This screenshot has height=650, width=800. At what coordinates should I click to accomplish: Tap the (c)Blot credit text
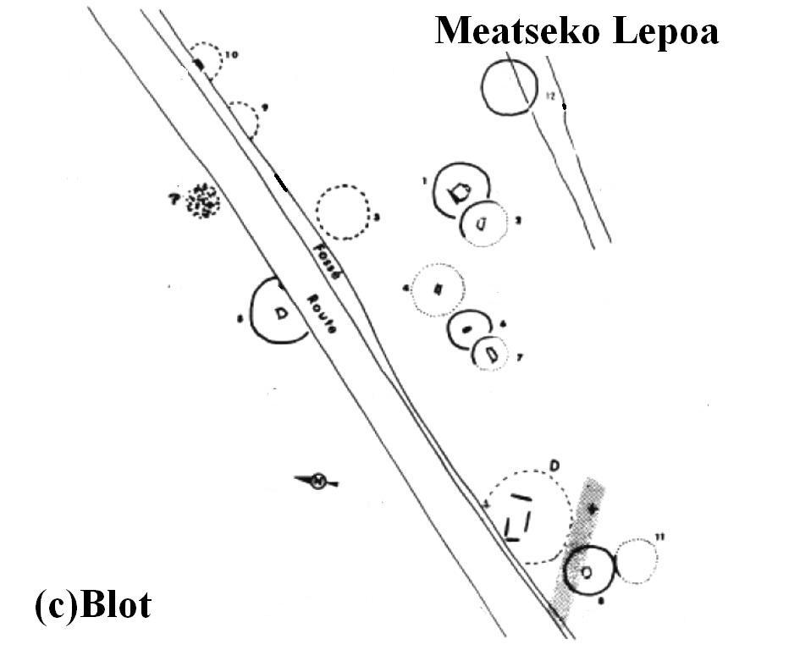coord(93,605)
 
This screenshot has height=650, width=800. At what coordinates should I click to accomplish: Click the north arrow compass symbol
coord(317,482)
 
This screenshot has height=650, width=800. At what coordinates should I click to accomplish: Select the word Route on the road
coord(321,313)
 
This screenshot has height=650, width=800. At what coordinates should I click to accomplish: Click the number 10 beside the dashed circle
coord(231,55)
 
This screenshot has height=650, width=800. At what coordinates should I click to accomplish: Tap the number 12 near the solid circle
coord(550,98)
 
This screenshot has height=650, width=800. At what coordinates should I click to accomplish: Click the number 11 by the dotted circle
coord(660,537)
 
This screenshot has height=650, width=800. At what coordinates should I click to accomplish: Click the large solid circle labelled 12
coord(509,86)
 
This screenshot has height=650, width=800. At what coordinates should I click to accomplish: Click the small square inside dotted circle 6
coord(438,289)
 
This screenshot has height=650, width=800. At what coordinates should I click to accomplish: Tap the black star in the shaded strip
coord(593,509)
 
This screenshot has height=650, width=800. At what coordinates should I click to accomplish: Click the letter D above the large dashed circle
coord(555,465)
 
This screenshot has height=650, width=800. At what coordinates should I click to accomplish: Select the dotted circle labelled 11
coord(636,561)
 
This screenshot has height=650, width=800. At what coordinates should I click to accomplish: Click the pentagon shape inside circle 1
coord(460,193)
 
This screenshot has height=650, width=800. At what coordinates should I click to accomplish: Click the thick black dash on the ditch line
coord(281,183)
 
